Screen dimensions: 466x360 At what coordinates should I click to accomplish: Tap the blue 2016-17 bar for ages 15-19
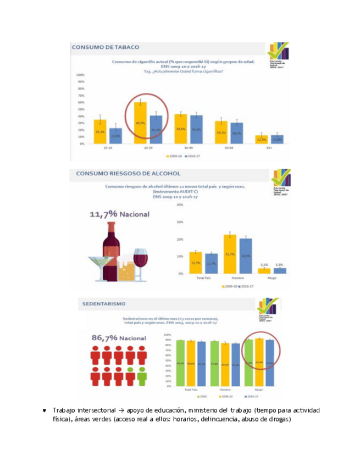(115, 136)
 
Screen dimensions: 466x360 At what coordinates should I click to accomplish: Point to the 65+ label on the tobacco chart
(269, 148)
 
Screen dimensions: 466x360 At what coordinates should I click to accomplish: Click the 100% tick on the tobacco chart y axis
(80, 75)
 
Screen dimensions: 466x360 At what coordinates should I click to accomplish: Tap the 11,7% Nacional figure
(119, 214)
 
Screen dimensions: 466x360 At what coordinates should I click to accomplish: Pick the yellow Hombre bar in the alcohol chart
(229, 253)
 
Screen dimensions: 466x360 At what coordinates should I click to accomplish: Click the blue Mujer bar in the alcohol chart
(280, 270)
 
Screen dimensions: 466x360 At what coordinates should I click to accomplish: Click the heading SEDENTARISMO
(104, 303)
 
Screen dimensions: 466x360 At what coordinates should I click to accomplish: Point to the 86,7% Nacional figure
(119, 338)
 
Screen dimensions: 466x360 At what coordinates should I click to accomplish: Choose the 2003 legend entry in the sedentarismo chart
(202, 396)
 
